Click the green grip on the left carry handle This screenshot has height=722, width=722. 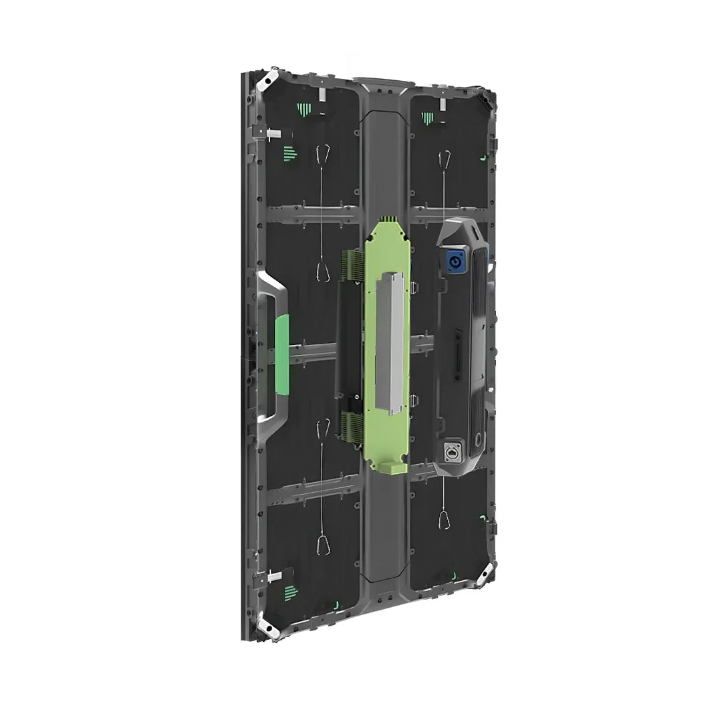[281, 354]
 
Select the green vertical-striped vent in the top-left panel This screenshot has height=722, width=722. [304, 110]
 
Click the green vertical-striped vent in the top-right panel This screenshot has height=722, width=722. [427, 118]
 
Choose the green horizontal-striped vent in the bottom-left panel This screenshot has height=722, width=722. [289, 591]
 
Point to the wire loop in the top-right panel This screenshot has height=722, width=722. [443, 160]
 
